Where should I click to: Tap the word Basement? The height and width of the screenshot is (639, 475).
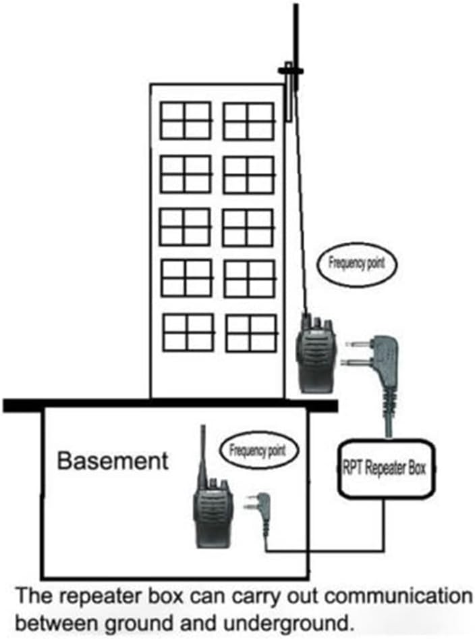[x=113, y=461]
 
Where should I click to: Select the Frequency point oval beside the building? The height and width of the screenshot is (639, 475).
[x=356, y=263]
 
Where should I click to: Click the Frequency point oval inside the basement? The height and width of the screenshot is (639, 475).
[x=259, y=451]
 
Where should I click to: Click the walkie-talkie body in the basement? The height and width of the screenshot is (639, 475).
[x=213, y=514]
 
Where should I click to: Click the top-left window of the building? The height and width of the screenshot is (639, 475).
[x=186, y=121]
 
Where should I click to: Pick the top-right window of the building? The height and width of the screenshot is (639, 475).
[x=249, y=121]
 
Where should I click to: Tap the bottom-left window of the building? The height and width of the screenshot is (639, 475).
[x=188, y=332]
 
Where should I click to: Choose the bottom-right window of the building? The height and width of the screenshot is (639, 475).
[x=252, y=333]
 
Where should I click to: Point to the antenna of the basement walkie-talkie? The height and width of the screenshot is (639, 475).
[x=203, y=456]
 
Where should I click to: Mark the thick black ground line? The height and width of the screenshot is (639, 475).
[x=170, y=405]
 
